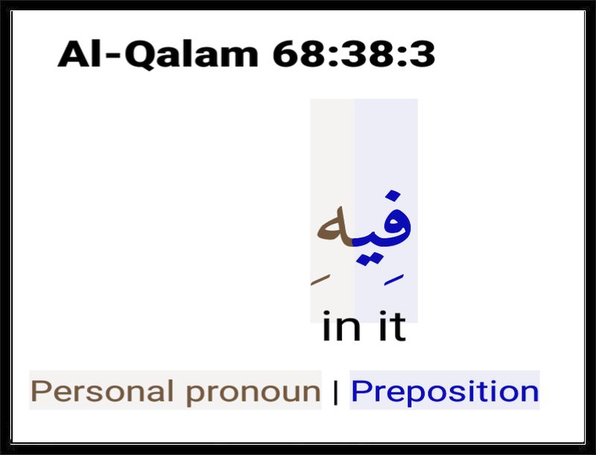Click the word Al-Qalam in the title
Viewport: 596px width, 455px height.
point(158,54)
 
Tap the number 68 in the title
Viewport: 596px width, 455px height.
point(301,54)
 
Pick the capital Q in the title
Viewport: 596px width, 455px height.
point(139,55)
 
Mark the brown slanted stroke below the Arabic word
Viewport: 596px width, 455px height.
point(320,279)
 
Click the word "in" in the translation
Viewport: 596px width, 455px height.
point(341,326)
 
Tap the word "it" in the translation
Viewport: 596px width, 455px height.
point(393,326)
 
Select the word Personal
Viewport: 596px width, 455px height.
point(103,391)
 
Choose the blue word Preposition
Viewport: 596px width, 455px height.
point(445,392)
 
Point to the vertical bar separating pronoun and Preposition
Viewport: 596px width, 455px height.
point(335,392)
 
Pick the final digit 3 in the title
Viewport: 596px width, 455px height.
point(422,54)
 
